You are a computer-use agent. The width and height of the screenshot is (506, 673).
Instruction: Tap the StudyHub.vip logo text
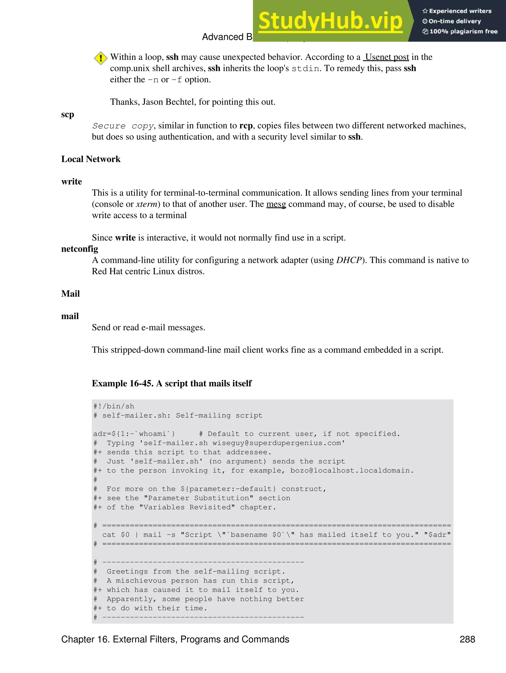tap(330, 21)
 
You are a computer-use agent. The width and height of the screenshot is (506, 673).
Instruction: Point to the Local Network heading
tap(91, 159)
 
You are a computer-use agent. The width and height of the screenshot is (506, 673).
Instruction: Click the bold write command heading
tap(72, 182)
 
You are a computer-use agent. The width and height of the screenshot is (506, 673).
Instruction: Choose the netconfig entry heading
tap(80, 249)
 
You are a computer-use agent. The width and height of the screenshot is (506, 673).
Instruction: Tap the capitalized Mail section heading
tap(70, 294)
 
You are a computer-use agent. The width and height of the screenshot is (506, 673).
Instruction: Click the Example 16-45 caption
tap(172, 383)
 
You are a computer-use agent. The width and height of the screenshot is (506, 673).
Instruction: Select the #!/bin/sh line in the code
tap(114, 406)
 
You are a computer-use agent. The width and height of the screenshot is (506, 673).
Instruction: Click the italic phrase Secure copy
tap(123, 126)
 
